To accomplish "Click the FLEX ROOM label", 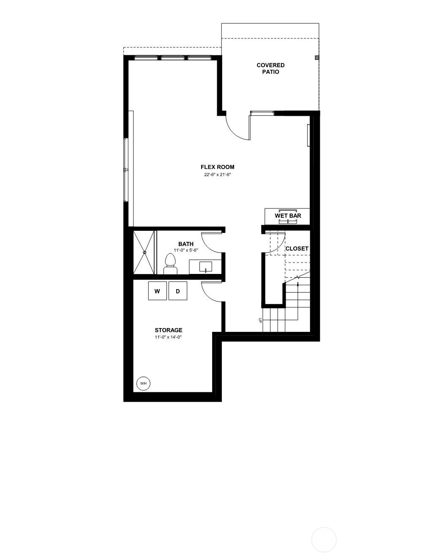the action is pos(218,167).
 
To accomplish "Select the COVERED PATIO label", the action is pos(270,68).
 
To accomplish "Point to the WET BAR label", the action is pos(288,216).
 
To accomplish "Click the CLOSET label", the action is pos(297,249).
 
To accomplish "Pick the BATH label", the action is pos(186,244).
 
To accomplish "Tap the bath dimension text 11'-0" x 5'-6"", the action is pos(186,250).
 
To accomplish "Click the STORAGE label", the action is pos(169,330).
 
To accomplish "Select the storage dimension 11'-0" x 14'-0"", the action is pos(169,337).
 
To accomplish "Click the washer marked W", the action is pos(157,291).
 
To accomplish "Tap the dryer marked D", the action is pos(177,291).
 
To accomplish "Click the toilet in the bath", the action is pos(170,264).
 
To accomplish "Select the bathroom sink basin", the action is pos(206,267).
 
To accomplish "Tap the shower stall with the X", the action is pos(144,252).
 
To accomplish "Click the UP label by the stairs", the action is pos(260,320).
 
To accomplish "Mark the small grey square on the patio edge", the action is pos(317,57).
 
